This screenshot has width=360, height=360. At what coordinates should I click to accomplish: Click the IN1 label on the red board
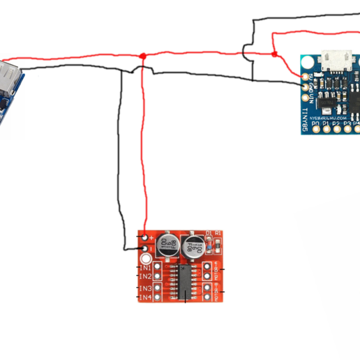[145, 267]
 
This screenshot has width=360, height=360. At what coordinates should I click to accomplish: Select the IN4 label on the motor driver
[145, 298]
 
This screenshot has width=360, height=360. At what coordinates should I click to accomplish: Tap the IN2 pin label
[145, 276]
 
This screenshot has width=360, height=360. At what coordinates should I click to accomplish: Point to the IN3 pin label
[145, 288]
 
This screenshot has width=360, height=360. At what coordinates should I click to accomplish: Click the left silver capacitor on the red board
[168, 244]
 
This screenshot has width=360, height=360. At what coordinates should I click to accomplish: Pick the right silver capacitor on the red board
[193, 246]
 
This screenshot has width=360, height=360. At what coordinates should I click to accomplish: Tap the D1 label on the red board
[208, 233]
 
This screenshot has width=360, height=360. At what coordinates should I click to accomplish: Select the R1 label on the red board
[218, 233]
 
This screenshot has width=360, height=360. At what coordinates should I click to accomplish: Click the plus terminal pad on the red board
[144, 238]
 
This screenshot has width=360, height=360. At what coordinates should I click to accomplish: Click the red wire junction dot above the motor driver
[143, 56]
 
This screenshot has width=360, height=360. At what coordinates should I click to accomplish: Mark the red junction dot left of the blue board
[275, 54]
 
